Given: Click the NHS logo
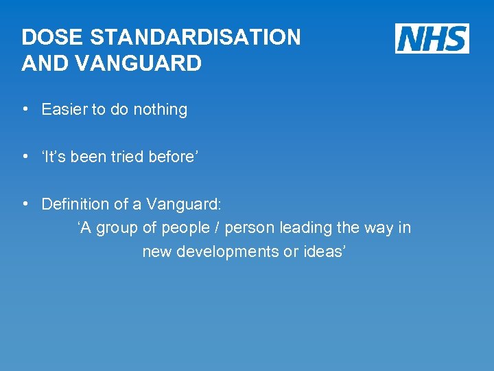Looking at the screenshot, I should pyautogui.click(x=432, y=38).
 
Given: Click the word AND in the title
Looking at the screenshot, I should pyautogui.click(x=43, y=63).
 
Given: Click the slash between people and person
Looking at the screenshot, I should pyautogui.click(x=216, y=228).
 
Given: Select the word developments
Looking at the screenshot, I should pyautogui.click(x=228, y=251).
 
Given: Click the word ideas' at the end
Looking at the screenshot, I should pyautogui.click(x=322, y=251).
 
